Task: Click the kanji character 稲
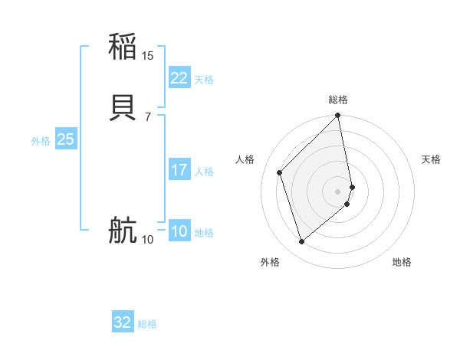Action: point(123,47)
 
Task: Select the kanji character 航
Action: point(123,231)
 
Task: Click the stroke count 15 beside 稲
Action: point(148,56)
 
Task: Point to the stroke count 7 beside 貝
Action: point(147,117)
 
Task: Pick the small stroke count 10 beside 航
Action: point(148,240)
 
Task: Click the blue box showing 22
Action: point(179,78)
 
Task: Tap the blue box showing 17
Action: point(179,170)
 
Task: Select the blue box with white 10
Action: point(179,231)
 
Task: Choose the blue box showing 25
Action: point(65,139)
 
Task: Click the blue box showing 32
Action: point(122,322)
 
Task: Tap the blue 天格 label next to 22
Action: point(204,80)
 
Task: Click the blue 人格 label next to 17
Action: point(204,172)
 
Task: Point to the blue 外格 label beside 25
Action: point(41,141)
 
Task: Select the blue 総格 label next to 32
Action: point(147,324)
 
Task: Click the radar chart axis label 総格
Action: point(338,100)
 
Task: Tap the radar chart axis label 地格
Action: point(402,263)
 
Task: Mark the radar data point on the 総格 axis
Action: point(338,116)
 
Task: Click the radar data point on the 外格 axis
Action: point(301,241)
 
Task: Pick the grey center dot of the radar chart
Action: point(338,191)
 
